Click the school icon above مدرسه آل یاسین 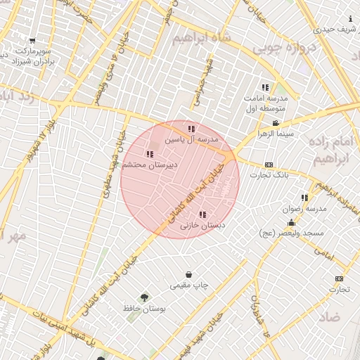[191, 129]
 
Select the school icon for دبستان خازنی [202, 214]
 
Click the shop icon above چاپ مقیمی [188, 274]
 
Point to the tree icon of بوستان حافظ [144, 297]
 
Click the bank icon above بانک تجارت [269, 164]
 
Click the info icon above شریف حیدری [350, 19]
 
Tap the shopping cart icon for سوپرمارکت [32, 41]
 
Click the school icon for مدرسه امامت [265, 87]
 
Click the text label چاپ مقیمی [188, 285]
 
